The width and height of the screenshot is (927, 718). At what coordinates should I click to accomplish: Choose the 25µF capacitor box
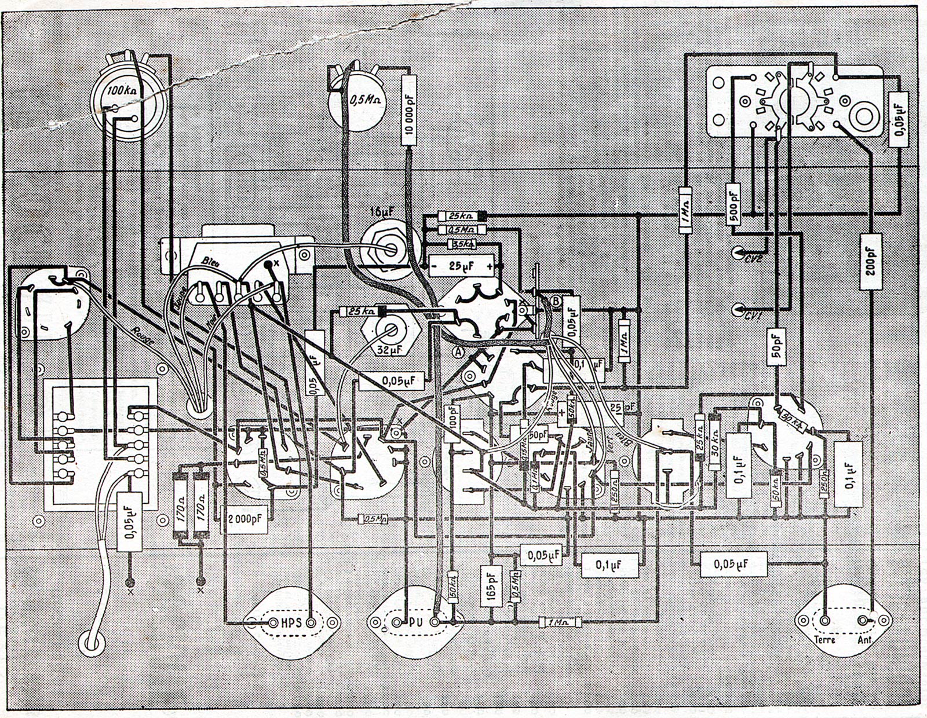coord(462,266)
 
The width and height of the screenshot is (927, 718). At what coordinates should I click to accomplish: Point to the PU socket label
coord(415,623)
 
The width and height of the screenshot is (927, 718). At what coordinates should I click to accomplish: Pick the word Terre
coord(824,640)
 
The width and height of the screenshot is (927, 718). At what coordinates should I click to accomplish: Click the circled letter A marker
coord(459,351)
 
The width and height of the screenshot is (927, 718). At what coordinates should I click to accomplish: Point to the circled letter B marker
coord(556,301)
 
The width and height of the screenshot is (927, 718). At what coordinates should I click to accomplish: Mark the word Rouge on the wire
coord(143,336)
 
